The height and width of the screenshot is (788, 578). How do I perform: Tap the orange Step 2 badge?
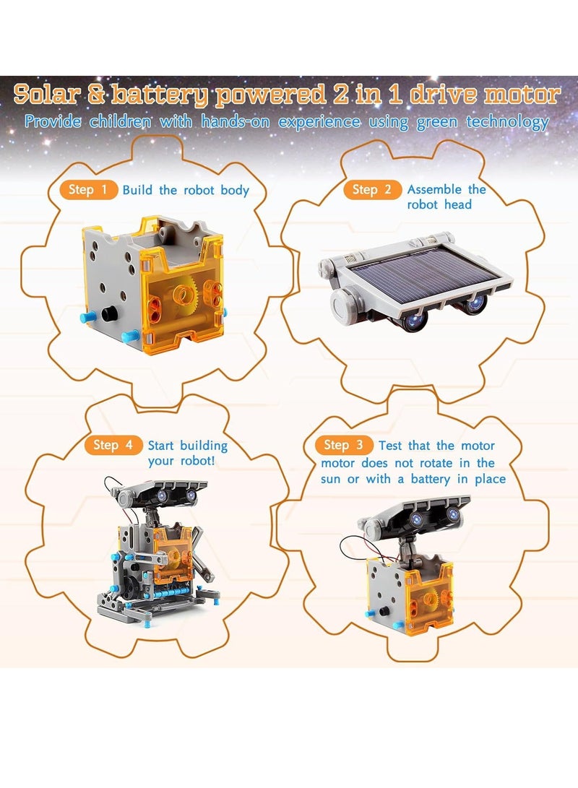click(x=372, y=190)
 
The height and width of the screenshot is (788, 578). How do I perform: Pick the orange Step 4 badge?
click(x=112, y=445)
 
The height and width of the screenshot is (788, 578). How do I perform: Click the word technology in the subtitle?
click(x=507, y=121)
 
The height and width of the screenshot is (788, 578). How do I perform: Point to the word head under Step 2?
click(x=457, y=205)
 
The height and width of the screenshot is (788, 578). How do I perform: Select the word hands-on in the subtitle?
click(x=235, y=121)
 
